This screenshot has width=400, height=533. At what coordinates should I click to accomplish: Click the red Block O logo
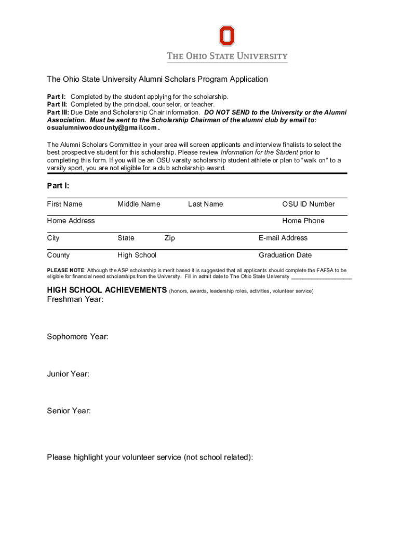tap(226, 36)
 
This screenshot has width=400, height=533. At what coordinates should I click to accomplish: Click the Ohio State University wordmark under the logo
tap(227, 56)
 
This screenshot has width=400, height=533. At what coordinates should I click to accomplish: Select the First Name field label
tap(64, 204)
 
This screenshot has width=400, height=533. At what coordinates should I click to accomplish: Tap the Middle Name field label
tap(139, 204)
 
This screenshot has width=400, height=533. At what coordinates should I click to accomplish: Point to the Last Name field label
tap(205, 204)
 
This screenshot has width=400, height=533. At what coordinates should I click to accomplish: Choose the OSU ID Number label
tap(308, 204)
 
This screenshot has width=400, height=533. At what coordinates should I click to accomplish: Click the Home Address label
tap(71, 221)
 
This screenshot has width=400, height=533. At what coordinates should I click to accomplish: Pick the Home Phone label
tap(303, 221)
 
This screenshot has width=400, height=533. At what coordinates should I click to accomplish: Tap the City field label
tap(53, 238)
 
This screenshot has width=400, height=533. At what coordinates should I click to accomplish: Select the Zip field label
tap(169, 238)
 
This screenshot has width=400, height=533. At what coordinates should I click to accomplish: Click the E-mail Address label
tap(283, 238)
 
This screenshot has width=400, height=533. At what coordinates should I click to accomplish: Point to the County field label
tap(58, 255)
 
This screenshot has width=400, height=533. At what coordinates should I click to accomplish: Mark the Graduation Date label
tap(285, 255)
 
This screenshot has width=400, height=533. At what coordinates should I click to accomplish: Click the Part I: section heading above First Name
tap(58, 186)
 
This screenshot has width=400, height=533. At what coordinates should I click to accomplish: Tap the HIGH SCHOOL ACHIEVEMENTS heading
tap(106, 290)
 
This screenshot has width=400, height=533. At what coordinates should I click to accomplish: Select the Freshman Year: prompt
tap(75, 299)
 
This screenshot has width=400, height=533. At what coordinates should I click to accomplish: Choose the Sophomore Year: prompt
tap(77, 337)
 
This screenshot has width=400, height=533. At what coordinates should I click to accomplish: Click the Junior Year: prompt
tap(68, 374)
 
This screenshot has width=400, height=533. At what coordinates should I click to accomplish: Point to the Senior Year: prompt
tap(69, 411)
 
